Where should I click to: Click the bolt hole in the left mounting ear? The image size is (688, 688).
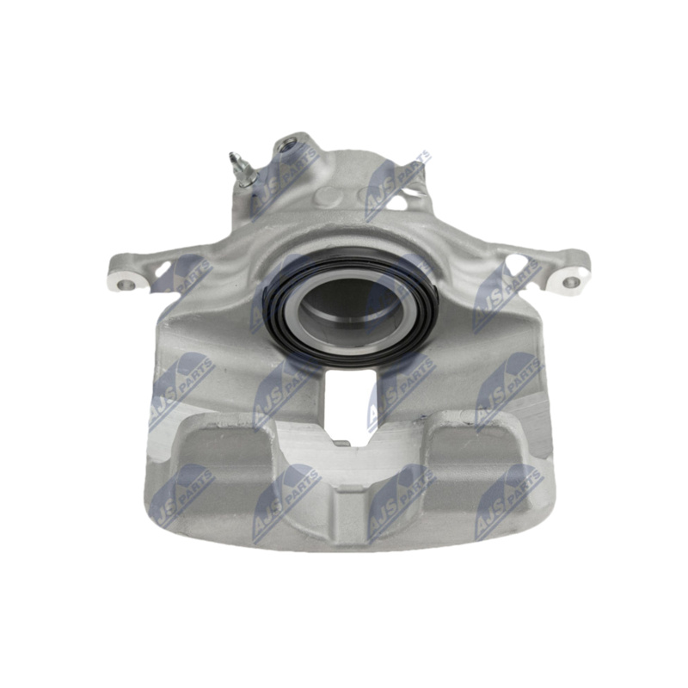(x=126, y=285)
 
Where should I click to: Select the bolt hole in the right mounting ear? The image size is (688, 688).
(x=570, y=282)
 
